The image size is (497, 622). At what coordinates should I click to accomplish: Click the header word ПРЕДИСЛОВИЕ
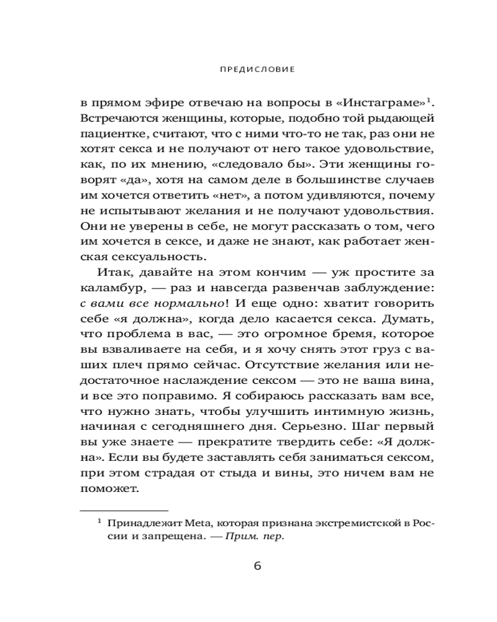coord(248,70)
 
